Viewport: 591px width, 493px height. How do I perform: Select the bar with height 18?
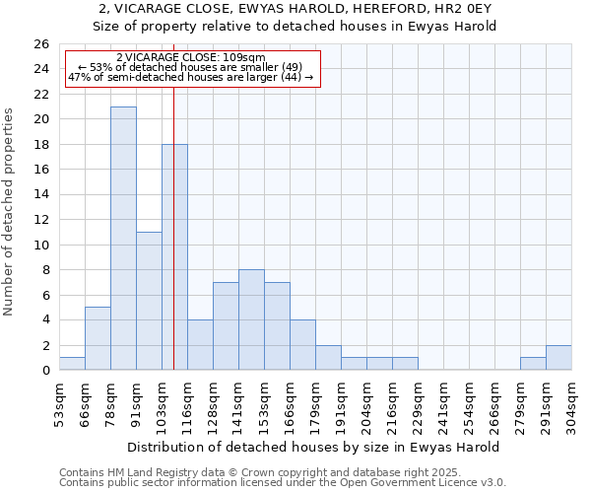(174, 257)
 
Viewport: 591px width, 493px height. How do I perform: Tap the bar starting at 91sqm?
(149, 301)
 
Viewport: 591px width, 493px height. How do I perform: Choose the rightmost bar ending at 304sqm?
(558, 358)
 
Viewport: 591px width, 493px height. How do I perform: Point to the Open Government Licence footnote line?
(283, 482)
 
